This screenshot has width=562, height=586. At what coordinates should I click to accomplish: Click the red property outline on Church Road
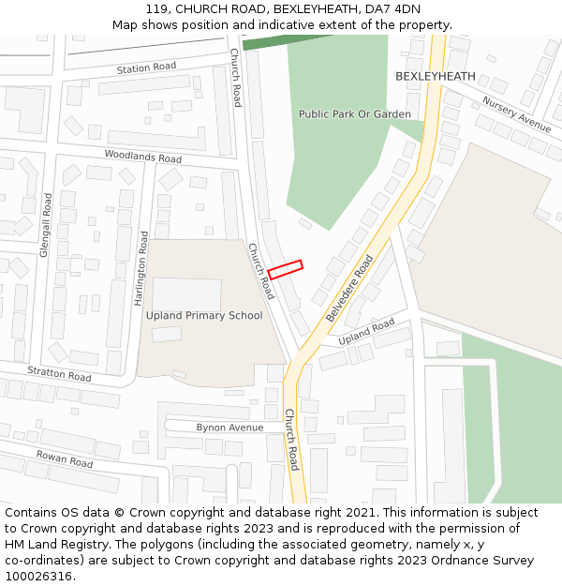[286, 269]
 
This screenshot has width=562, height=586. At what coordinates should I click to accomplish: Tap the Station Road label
[146, 68]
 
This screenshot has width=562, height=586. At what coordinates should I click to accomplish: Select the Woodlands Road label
[143, 158]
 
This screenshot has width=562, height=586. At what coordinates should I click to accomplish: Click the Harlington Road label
[141, 268]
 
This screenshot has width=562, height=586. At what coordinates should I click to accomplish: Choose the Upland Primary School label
[204, 315]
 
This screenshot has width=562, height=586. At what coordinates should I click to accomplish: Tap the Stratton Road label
[59, 374]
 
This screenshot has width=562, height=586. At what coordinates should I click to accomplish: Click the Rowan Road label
[65, 458]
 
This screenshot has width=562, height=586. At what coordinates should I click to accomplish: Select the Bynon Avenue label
[229, 428]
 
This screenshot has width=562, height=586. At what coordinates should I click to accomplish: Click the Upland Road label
[366, 331]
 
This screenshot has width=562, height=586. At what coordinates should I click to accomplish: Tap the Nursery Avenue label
[516, 113]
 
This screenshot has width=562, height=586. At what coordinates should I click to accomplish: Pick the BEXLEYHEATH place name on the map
[436, 76]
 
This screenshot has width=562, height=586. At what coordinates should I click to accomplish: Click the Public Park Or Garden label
[355, 114]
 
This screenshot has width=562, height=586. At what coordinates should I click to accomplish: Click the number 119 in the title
[156, 9]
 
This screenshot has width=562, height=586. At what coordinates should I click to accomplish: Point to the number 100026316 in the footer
[37, 577]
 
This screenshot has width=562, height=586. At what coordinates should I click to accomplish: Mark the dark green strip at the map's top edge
[281, 40]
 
